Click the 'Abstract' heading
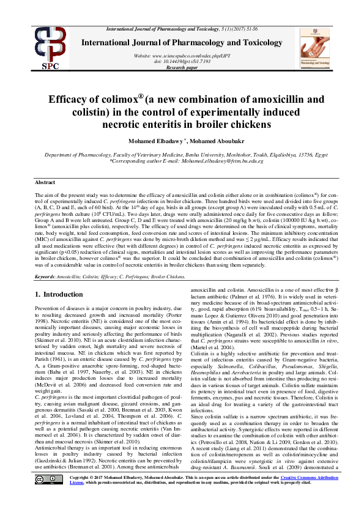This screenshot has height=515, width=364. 45,182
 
